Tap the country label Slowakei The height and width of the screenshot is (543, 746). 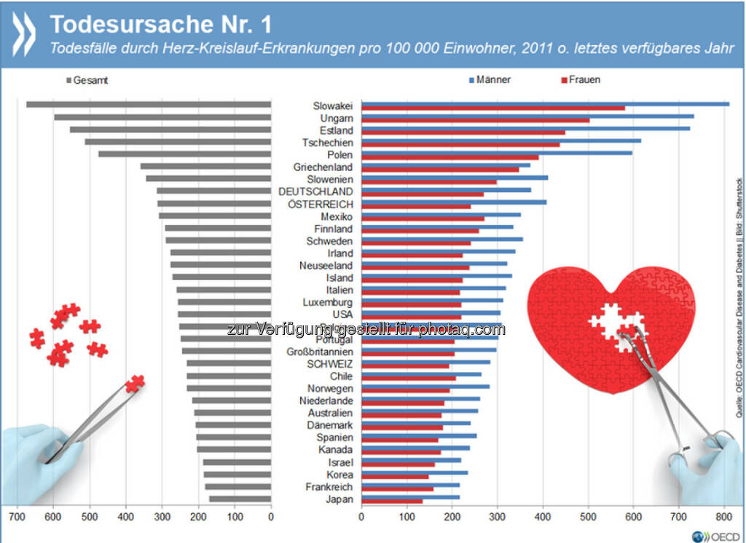click(x=333, y=106)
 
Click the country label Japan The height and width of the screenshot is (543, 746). click(x=339, y=499)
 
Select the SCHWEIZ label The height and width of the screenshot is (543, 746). click(x=330, y=364)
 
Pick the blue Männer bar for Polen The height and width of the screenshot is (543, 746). click(x=496, y=153)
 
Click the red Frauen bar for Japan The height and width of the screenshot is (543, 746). click(x=391, y=502)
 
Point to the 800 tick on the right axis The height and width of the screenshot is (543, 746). click(x=723, y=517)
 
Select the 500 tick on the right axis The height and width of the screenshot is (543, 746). click(x=588, y=517)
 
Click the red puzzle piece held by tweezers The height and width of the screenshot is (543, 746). click(x=135, y=382)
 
